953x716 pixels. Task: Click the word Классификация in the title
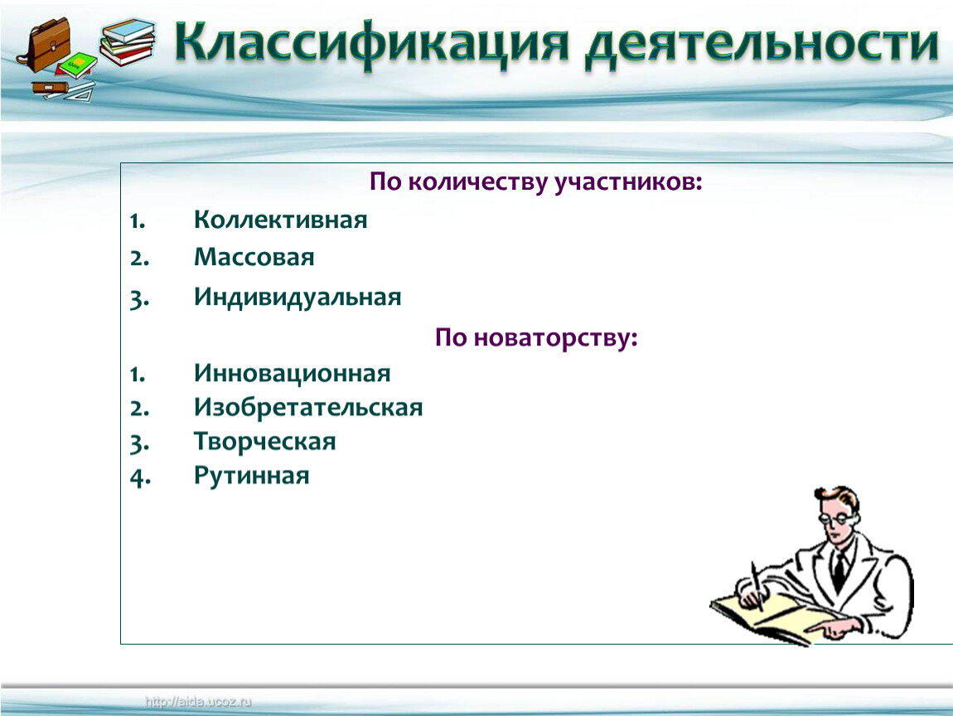tap(372, 44)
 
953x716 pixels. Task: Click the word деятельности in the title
tap(762, 45)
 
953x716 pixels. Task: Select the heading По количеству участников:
tap(535, 181)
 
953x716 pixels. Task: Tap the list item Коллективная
tap(280, 220)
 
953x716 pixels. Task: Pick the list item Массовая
tap(254, 257)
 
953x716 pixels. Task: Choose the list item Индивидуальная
tap(298, 298)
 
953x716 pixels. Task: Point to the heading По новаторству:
tap(536, 337)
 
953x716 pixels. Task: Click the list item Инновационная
tap(292, 373)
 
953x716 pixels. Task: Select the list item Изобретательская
tap(308, 407)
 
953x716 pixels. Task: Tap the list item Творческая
tap(264, 442)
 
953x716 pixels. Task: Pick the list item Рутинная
tap(251, 476)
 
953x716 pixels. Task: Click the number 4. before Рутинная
tap(140, 477)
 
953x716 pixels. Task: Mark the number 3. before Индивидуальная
tap(139, 299)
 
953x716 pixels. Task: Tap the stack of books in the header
tap(127, 41)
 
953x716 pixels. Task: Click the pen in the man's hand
tap(757, 585)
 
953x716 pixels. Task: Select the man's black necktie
tap(839, 572)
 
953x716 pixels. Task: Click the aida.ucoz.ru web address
tap(198, 702)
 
